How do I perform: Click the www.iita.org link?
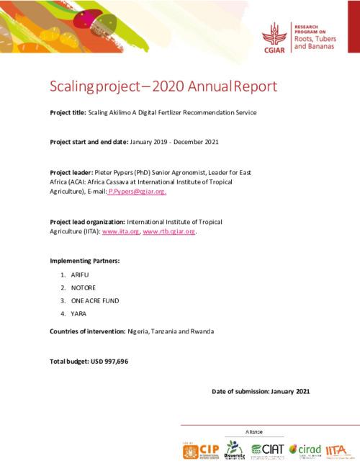click(120, 232)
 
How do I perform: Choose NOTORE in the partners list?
click(84, 287)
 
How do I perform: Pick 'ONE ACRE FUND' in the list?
click(94, 300)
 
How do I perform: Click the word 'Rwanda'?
click(199, 331)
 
